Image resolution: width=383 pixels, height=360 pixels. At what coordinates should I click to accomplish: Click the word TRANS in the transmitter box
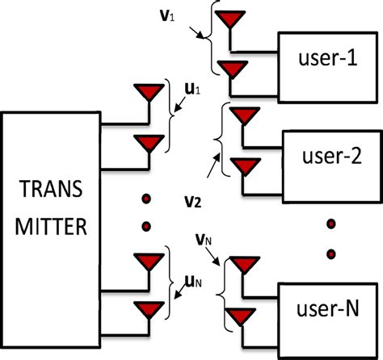[x=53, y=194]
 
